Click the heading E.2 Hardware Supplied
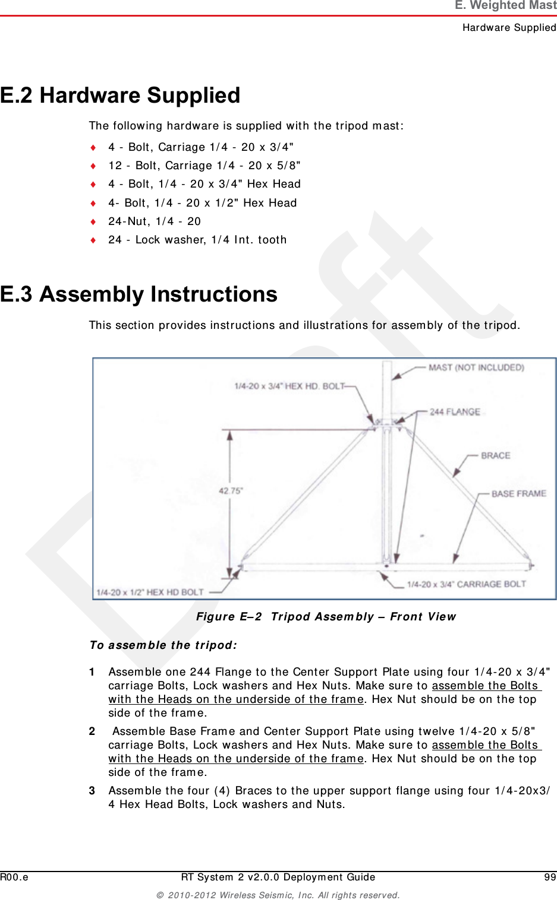[x=120, y=95]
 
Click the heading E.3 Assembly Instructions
[x=139, y=294]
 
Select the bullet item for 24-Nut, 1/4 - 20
[x=155, y=221]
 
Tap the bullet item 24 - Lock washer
[x=197, y=240]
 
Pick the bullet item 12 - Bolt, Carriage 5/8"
[x=204, y=166]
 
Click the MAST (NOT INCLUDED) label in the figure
[x=476, y=367]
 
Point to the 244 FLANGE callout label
[x=455, y=411]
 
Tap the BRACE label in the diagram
[x=495, y=455]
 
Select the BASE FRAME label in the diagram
[x=518, y=493]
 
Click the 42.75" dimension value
[x=231, y=491]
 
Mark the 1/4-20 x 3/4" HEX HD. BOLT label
[x=289, y=386]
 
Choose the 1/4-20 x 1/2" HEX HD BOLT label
[x=150, y=592]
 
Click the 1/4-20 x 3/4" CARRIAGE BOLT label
[x=466, y=584]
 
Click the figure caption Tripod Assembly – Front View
[x=326, y=616]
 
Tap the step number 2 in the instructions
[x=92, y=731]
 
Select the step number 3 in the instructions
[x=92, y=791]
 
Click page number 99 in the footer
[x=550, y=877]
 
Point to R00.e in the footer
[x=14, y=877]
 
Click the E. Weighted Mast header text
[x=505, y=6]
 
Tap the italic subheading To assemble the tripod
[x=163, y=645]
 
